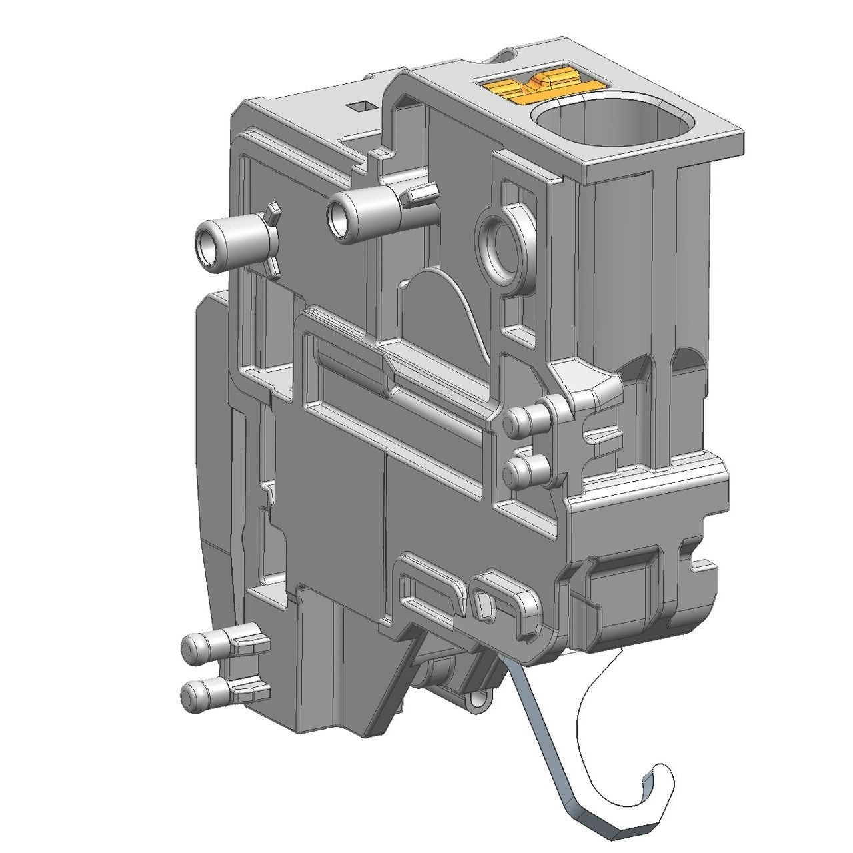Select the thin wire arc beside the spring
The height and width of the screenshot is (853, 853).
coord(586,720)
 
